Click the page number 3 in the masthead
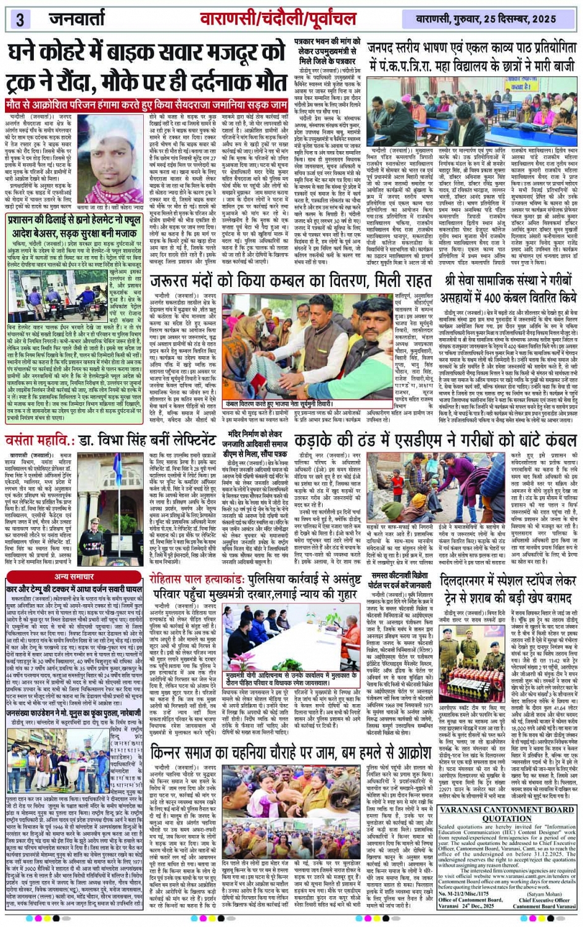click(x=20, y=19)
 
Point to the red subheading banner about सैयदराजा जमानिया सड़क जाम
click(x=147, y=105)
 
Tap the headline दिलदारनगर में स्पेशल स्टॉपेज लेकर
click(x=507, y=589)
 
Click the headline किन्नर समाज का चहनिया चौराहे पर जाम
click(x=289, y=753)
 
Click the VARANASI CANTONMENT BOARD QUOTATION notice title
click(x=507, y=814)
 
